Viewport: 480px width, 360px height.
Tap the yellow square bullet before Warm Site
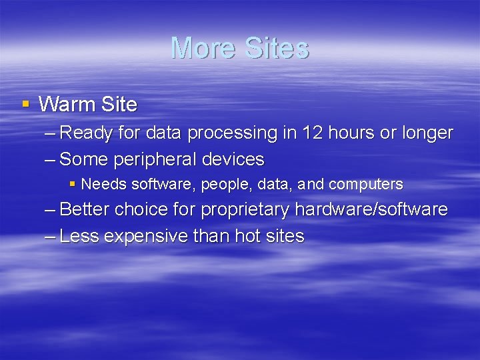pyautogui.click(x=26, y=104)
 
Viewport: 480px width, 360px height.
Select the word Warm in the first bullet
pyautogui.click(x=67, y=105)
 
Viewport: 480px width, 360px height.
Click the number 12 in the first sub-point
pyautogui.click(x=313, y=133)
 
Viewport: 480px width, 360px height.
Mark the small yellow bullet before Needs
pyautogui.click(x=73, y=183)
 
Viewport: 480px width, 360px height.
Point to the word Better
pyautogui.click(x=85, y=209)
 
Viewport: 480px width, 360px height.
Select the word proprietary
pyautogui.click(x=245, y=210)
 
